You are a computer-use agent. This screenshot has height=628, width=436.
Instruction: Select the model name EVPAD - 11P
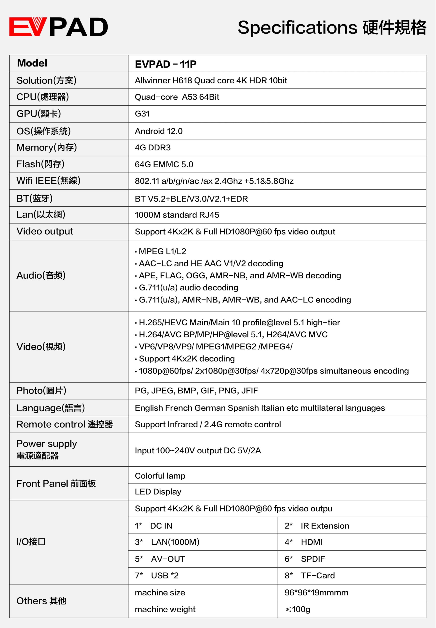166,64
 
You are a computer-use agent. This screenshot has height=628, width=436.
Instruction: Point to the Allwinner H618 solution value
211,81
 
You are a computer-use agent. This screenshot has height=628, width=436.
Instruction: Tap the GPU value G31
142,114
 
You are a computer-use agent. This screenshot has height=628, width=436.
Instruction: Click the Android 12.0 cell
158,131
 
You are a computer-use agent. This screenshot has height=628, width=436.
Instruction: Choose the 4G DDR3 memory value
153,148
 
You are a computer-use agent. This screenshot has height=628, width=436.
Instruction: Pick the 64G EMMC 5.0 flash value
164,165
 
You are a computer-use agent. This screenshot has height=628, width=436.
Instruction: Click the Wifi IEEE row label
48,181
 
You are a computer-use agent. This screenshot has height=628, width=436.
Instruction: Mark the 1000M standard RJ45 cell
177,215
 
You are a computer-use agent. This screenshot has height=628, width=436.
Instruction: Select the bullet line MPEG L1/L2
162,251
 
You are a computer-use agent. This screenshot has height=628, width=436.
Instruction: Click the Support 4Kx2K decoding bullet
187,359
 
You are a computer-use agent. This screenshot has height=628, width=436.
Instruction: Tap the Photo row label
41,391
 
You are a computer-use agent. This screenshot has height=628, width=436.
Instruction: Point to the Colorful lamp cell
160,476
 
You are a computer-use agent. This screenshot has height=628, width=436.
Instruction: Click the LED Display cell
158,492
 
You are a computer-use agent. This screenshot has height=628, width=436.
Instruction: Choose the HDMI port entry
312,542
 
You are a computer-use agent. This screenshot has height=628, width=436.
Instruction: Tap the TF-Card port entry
318,576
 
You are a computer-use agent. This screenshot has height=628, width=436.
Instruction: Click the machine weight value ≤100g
297,609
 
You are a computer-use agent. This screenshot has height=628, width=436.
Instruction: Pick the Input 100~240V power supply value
198,450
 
